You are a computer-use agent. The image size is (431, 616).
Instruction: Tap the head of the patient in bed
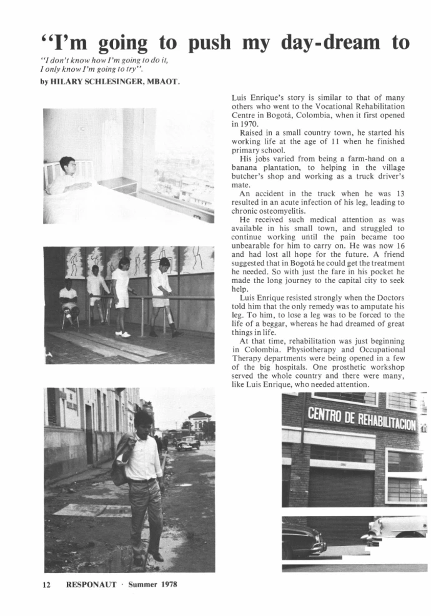[x=66, y=166]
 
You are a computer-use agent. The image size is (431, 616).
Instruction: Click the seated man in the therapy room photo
[x=68, y=303]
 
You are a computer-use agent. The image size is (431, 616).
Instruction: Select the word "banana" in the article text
[x=245, y=168]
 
